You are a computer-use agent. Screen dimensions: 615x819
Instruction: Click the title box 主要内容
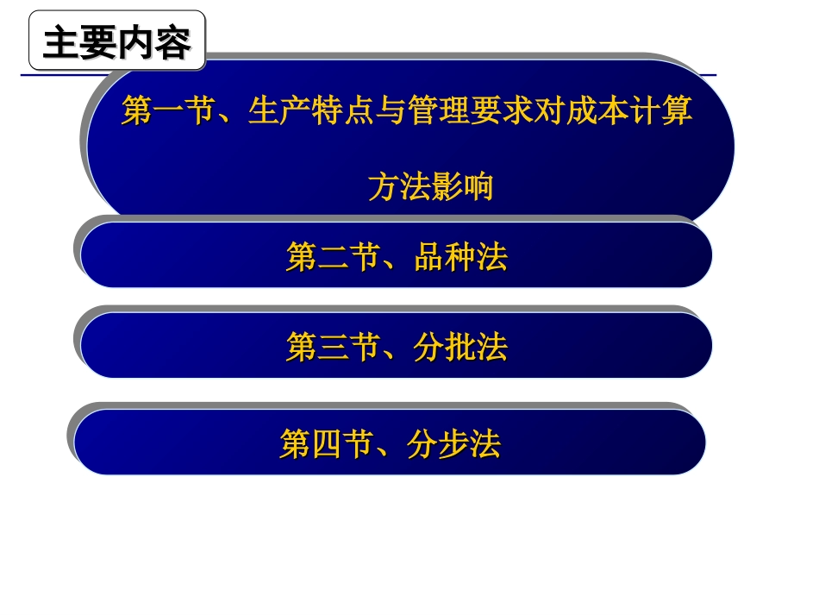117,42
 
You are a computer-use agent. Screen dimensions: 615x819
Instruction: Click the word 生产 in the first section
280,111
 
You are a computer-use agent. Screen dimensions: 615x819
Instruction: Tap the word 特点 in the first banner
343,111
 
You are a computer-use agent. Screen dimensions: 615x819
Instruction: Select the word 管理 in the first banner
439,111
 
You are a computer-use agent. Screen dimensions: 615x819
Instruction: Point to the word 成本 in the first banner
597,111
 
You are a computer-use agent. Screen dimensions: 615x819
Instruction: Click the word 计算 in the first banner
661,111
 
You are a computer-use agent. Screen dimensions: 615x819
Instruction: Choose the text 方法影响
430,187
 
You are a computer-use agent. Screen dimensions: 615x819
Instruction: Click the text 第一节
168,111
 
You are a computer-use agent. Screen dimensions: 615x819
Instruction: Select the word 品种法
460,257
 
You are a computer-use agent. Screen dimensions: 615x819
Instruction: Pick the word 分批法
460,348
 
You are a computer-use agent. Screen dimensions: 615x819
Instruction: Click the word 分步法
454,445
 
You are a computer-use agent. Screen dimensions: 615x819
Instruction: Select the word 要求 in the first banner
503,111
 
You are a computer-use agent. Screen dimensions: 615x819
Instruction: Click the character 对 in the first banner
550,111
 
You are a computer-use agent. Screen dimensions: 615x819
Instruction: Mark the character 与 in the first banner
391,111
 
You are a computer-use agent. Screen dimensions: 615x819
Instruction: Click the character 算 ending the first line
678,111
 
